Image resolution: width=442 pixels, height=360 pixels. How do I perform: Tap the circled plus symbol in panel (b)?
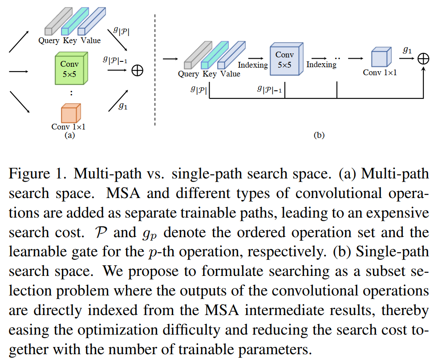[x=423, y=59]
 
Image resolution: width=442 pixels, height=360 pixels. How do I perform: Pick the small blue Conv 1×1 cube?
[x=381, y=58]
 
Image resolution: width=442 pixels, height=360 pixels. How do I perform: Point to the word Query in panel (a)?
[x=49, y=41]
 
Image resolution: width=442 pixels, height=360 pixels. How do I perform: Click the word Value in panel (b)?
[x=230, y=74]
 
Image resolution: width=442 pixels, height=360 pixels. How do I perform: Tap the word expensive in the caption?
[x=392, y=212]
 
